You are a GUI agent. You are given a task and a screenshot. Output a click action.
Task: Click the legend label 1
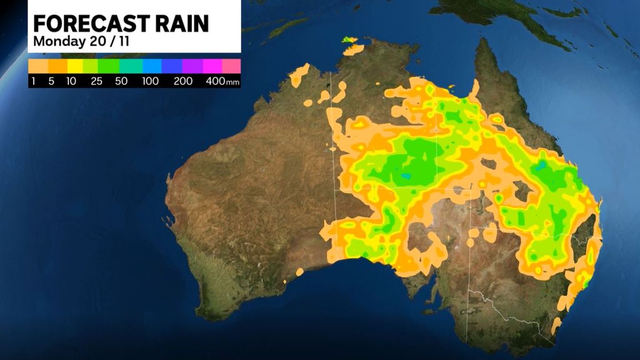(33, 82)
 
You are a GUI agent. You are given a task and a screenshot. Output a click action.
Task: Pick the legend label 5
(52, 82)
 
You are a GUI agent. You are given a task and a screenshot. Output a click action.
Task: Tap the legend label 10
(72, 82)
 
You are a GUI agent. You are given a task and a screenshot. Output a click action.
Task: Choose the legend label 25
(97, 82)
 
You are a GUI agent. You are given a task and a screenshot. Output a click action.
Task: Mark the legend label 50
(122, 82)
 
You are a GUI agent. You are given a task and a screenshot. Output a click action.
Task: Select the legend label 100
(150, 82)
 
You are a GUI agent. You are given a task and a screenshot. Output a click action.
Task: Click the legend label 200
(183, 82)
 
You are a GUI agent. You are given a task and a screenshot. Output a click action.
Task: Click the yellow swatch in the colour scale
(76, 66)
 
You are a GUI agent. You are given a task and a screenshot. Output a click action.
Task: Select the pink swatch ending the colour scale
(231, 66)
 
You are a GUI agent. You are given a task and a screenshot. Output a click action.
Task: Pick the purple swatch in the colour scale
(192, 66)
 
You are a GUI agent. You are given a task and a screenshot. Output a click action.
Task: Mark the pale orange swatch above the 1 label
(37, 66)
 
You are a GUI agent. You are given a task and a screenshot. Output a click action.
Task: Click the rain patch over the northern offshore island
(349, 41)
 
